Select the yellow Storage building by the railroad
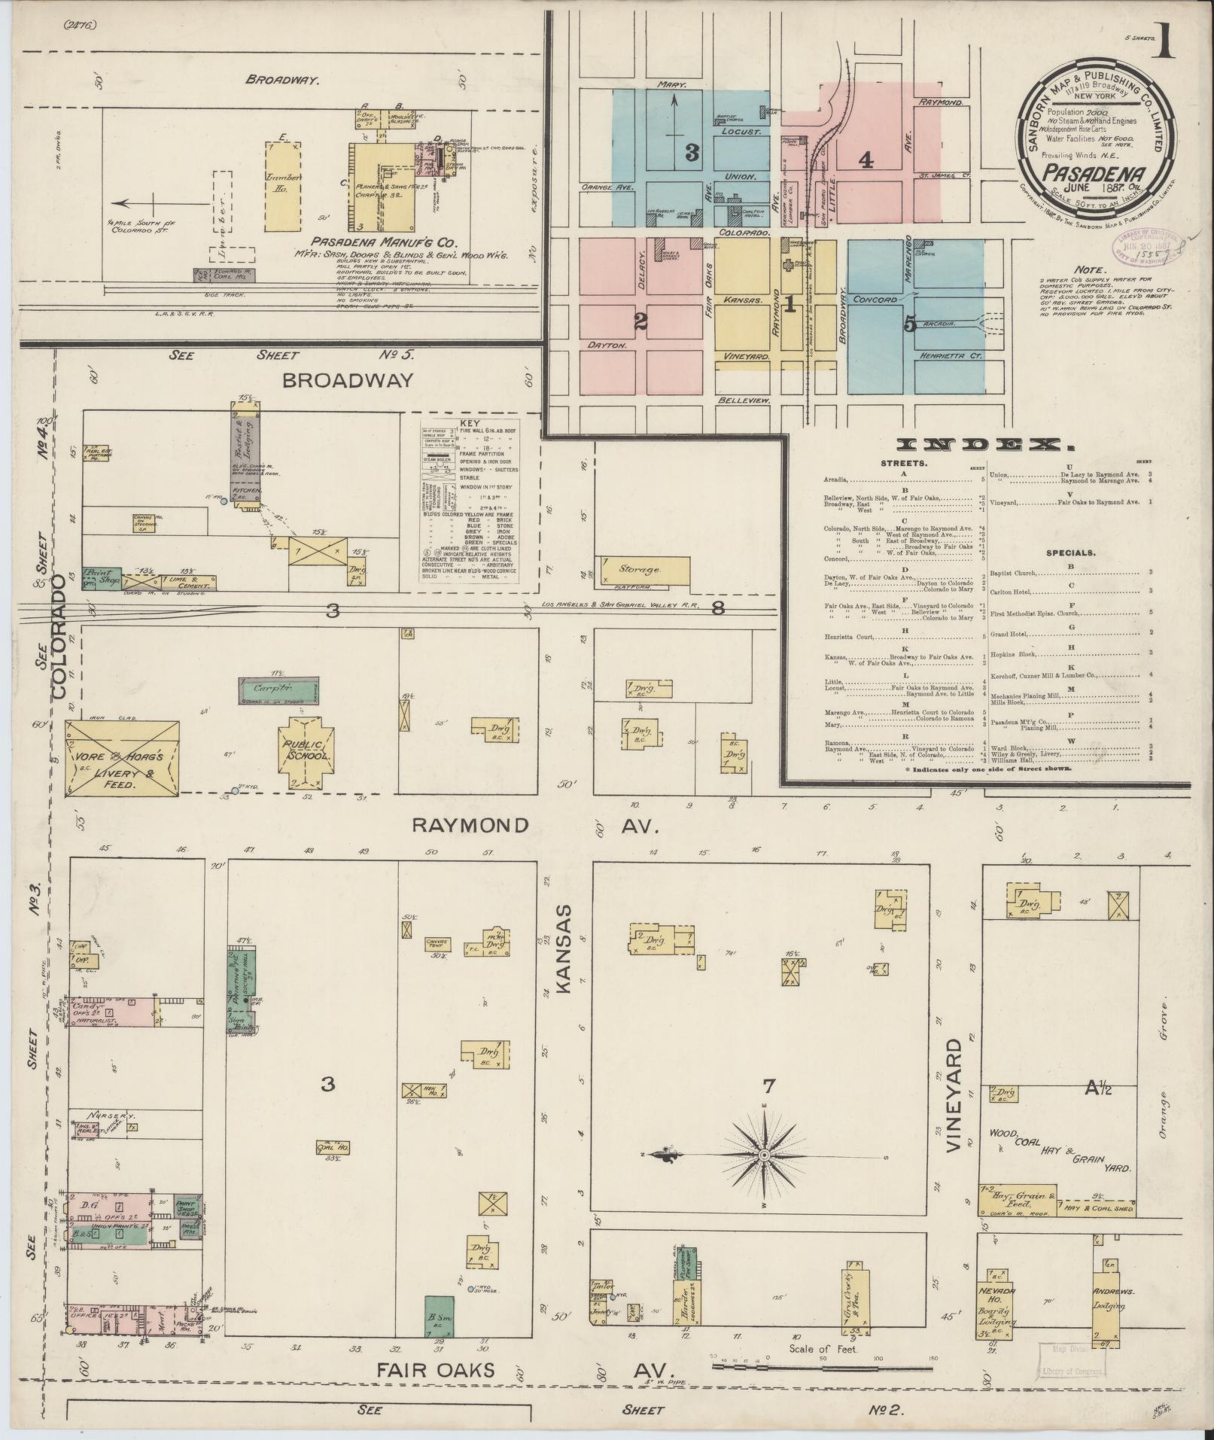click(x=644, y=571)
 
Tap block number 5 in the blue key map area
click(x=911, y=324)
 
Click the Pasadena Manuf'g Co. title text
click(x=385, y=243)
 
